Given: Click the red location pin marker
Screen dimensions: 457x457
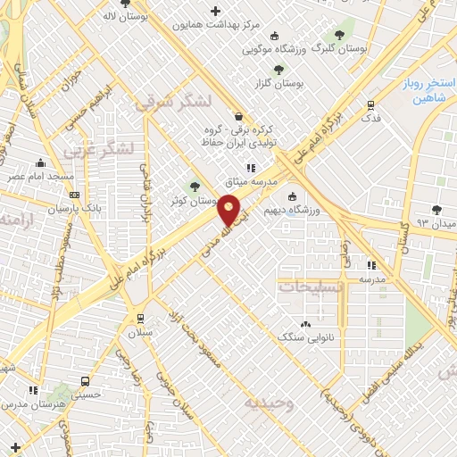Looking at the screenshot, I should click(229, 211).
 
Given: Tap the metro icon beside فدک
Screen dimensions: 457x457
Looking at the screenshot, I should click(370, 103).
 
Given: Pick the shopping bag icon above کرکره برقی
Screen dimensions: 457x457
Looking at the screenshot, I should click(237, 116).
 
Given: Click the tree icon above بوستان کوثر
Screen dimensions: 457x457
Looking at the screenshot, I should click(195, 186).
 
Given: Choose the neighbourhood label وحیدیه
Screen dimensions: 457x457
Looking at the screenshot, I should click(269, 403).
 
